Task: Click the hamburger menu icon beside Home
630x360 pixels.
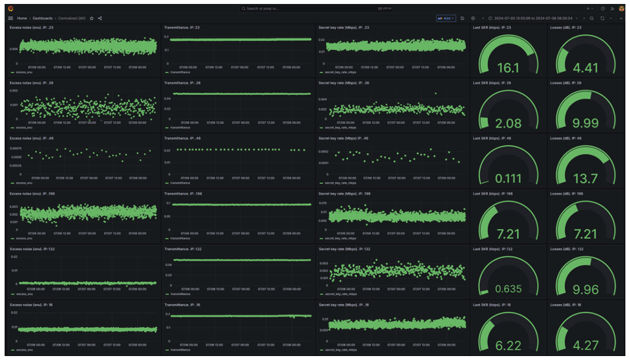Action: point(11,18)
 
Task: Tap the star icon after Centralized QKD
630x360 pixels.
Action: point(92,18)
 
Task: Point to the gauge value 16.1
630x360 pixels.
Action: point(508,68)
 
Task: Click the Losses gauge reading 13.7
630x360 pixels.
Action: point(585,178)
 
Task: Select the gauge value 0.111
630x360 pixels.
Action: point(508,178)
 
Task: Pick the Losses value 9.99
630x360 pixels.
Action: point(585,123)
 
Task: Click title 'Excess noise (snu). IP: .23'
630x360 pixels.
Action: point(32,28)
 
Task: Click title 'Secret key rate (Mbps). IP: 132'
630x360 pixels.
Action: point(344,249)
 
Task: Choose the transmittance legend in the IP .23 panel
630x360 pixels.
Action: point(179,72)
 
